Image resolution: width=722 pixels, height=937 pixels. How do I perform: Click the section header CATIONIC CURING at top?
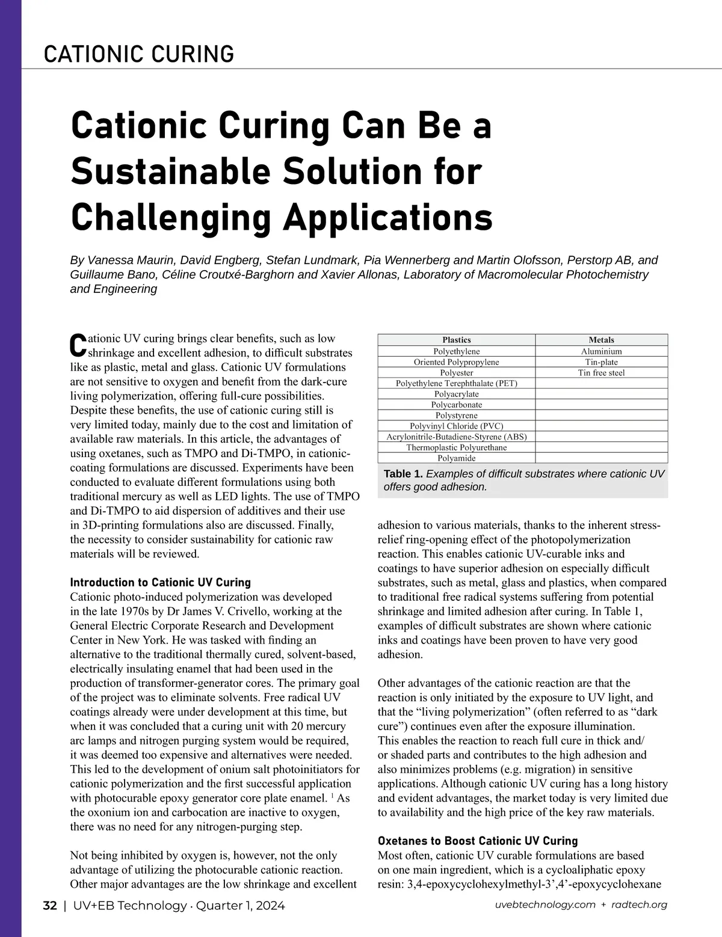pos(139,54)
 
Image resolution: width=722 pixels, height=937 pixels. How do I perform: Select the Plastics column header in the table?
pos(456,340)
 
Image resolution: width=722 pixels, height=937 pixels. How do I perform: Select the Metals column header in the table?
pos(601,340)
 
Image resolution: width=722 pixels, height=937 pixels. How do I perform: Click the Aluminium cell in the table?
pos(601,351)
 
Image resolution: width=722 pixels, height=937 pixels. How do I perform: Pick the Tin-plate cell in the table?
pos(601,362)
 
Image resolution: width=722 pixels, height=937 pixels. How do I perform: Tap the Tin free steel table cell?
pos(601,373)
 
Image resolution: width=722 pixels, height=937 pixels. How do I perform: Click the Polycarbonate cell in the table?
pos(456,405)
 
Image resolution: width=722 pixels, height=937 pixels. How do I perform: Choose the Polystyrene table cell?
pos(456,416)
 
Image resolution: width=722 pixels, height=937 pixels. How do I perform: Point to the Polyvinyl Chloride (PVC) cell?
pos(456,426)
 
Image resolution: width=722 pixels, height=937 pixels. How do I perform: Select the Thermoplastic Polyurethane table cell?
pos(456,447)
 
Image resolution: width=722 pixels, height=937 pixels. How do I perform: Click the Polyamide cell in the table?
pos(456,458)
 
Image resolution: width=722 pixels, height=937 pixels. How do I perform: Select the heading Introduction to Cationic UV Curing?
pos(160,582)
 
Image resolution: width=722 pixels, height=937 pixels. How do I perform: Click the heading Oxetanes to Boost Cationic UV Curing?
pos(477,841)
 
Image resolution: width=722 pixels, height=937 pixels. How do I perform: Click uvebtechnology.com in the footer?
pos(545,905)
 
